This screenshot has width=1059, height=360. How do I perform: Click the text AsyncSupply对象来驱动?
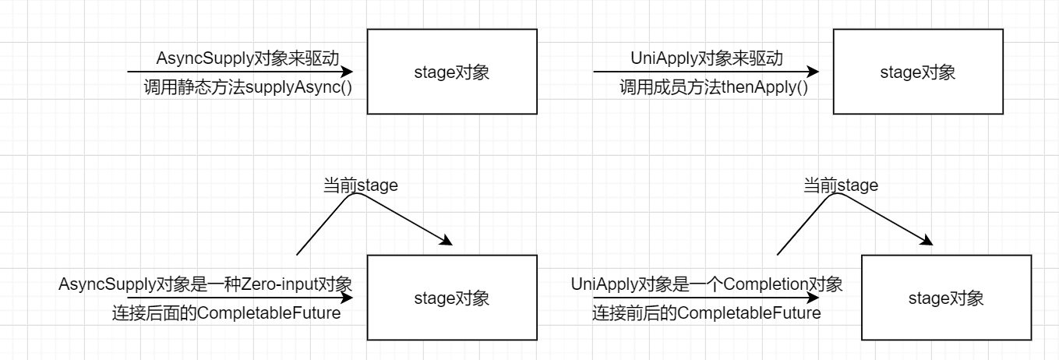[x=249, y=58]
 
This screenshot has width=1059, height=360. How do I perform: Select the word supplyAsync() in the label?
[x=299, y=87]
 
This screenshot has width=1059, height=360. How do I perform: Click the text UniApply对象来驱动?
[x=706, y=58]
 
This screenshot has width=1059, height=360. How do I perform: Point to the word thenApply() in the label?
[x=764, y=87]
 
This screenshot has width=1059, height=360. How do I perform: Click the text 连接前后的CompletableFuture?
[x=707, y=314]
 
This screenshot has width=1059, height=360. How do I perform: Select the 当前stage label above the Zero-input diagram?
[x=361, y=185]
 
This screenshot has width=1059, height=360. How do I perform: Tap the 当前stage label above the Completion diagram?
[x=841, y=185]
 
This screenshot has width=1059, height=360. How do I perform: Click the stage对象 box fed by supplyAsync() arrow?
[x=451, y=72]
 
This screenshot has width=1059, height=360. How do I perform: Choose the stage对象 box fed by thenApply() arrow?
[x=917, y=72]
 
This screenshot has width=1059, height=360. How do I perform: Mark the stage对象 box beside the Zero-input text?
[x=451, y=298]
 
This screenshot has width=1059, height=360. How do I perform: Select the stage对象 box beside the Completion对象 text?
[x=946, y=298]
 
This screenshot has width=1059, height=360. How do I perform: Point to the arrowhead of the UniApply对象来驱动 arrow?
[x=814, y=72]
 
